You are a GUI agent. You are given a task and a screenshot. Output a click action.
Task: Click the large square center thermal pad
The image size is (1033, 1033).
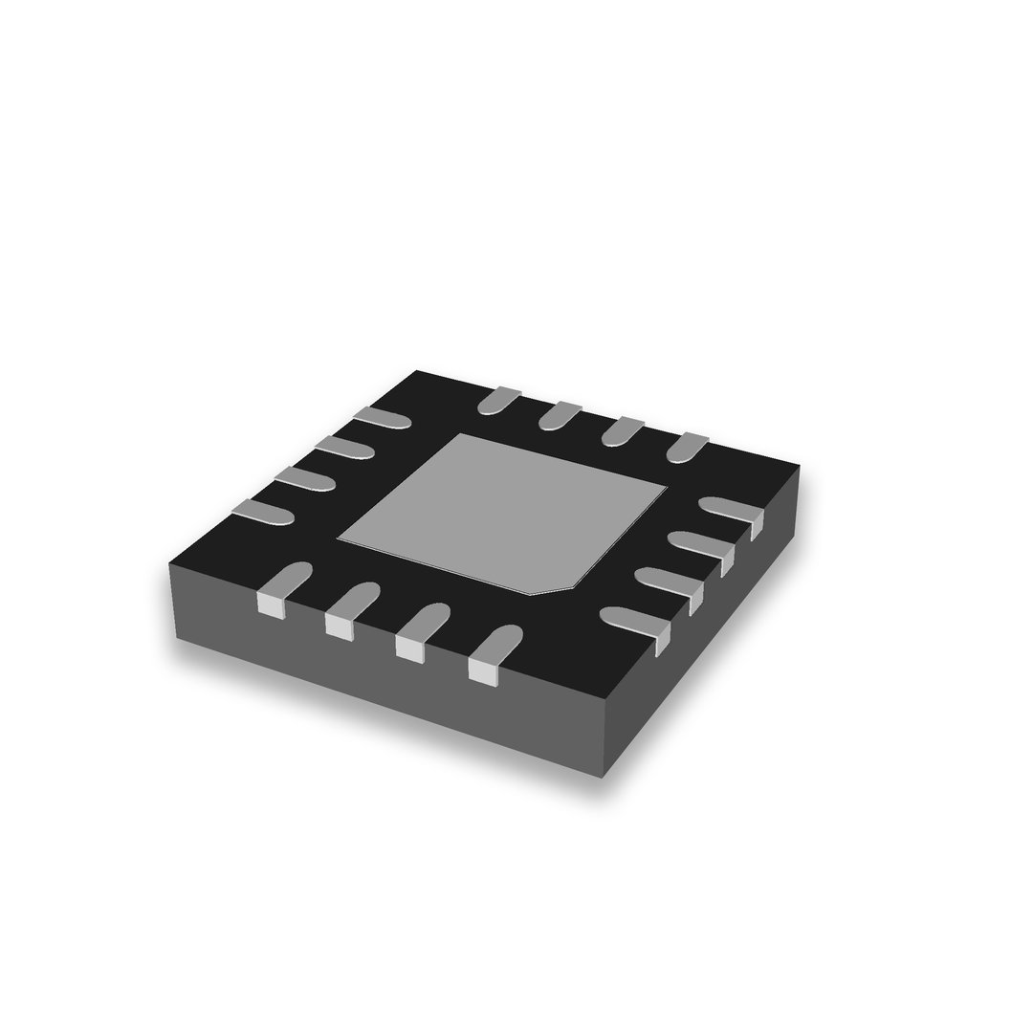point(502,512)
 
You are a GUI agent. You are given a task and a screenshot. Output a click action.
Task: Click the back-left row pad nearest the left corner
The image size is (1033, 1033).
point(263,512)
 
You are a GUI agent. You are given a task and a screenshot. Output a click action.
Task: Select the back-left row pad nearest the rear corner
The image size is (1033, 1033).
point(383,417)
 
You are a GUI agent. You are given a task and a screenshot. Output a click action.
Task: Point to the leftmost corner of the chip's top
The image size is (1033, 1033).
point(170,563)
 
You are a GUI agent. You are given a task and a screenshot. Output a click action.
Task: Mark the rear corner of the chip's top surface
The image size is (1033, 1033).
point(417,370)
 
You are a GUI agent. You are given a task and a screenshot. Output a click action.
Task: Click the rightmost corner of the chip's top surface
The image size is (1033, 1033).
point(799,467)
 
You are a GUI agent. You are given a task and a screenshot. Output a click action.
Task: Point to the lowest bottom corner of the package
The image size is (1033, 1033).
point(602,778)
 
